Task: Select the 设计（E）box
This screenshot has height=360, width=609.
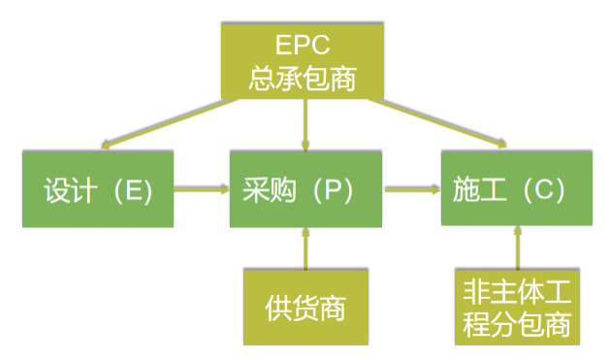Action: [98, 190]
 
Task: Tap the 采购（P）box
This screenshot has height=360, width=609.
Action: [305, 190]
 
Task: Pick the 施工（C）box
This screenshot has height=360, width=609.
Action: [516, 190]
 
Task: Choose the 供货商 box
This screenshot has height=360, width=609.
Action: [305, 308]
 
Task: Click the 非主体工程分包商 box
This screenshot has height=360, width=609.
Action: [517, 308]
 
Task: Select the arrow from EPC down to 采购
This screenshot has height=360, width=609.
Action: [305, 124]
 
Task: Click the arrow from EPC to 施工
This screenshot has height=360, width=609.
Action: [436, 124]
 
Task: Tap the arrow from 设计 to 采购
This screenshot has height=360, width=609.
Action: [202, 190]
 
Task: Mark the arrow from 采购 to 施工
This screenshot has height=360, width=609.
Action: [412, 190]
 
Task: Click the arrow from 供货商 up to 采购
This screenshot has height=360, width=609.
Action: [305, 249]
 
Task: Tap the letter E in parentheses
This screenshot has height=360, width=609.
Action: [134, 190]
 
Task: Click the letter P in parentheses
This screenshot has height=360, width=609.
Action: [332, 190]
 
